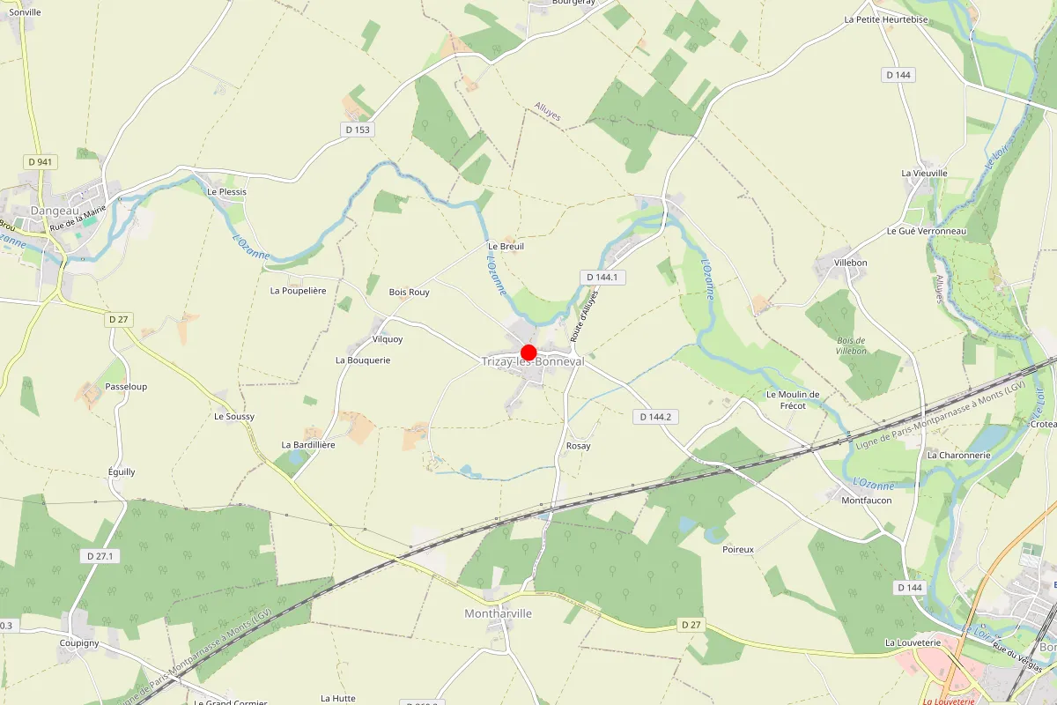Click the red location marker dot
click(x=528, y=352)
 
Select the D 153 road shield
click(x=358, y=130)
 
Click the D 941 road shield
click(x=41, y=161)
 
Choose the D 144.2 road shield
click(x=656, y=416)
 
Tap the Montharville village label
click(x=498, y=613)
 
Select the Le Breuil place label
click(x=506, y=247)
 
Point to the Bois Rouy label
click(x=410, y=292)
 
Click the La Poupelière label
click(x=299, y=290)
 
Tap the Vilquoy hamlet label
click(x=388, y=338)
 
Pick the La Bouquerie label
click(x=363, y=360)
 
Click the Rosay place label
click(x=579, y=446)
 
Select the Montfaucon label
click(x=867, y=500)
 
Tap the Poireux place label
click(x=738, y=549)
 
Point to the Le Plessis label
click(x=226, y=191)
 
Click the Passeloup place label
click(x=126, y=387)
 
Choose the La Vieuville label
click(x=924, y=173)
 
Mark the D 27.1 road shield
click(x=102, y=556)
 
